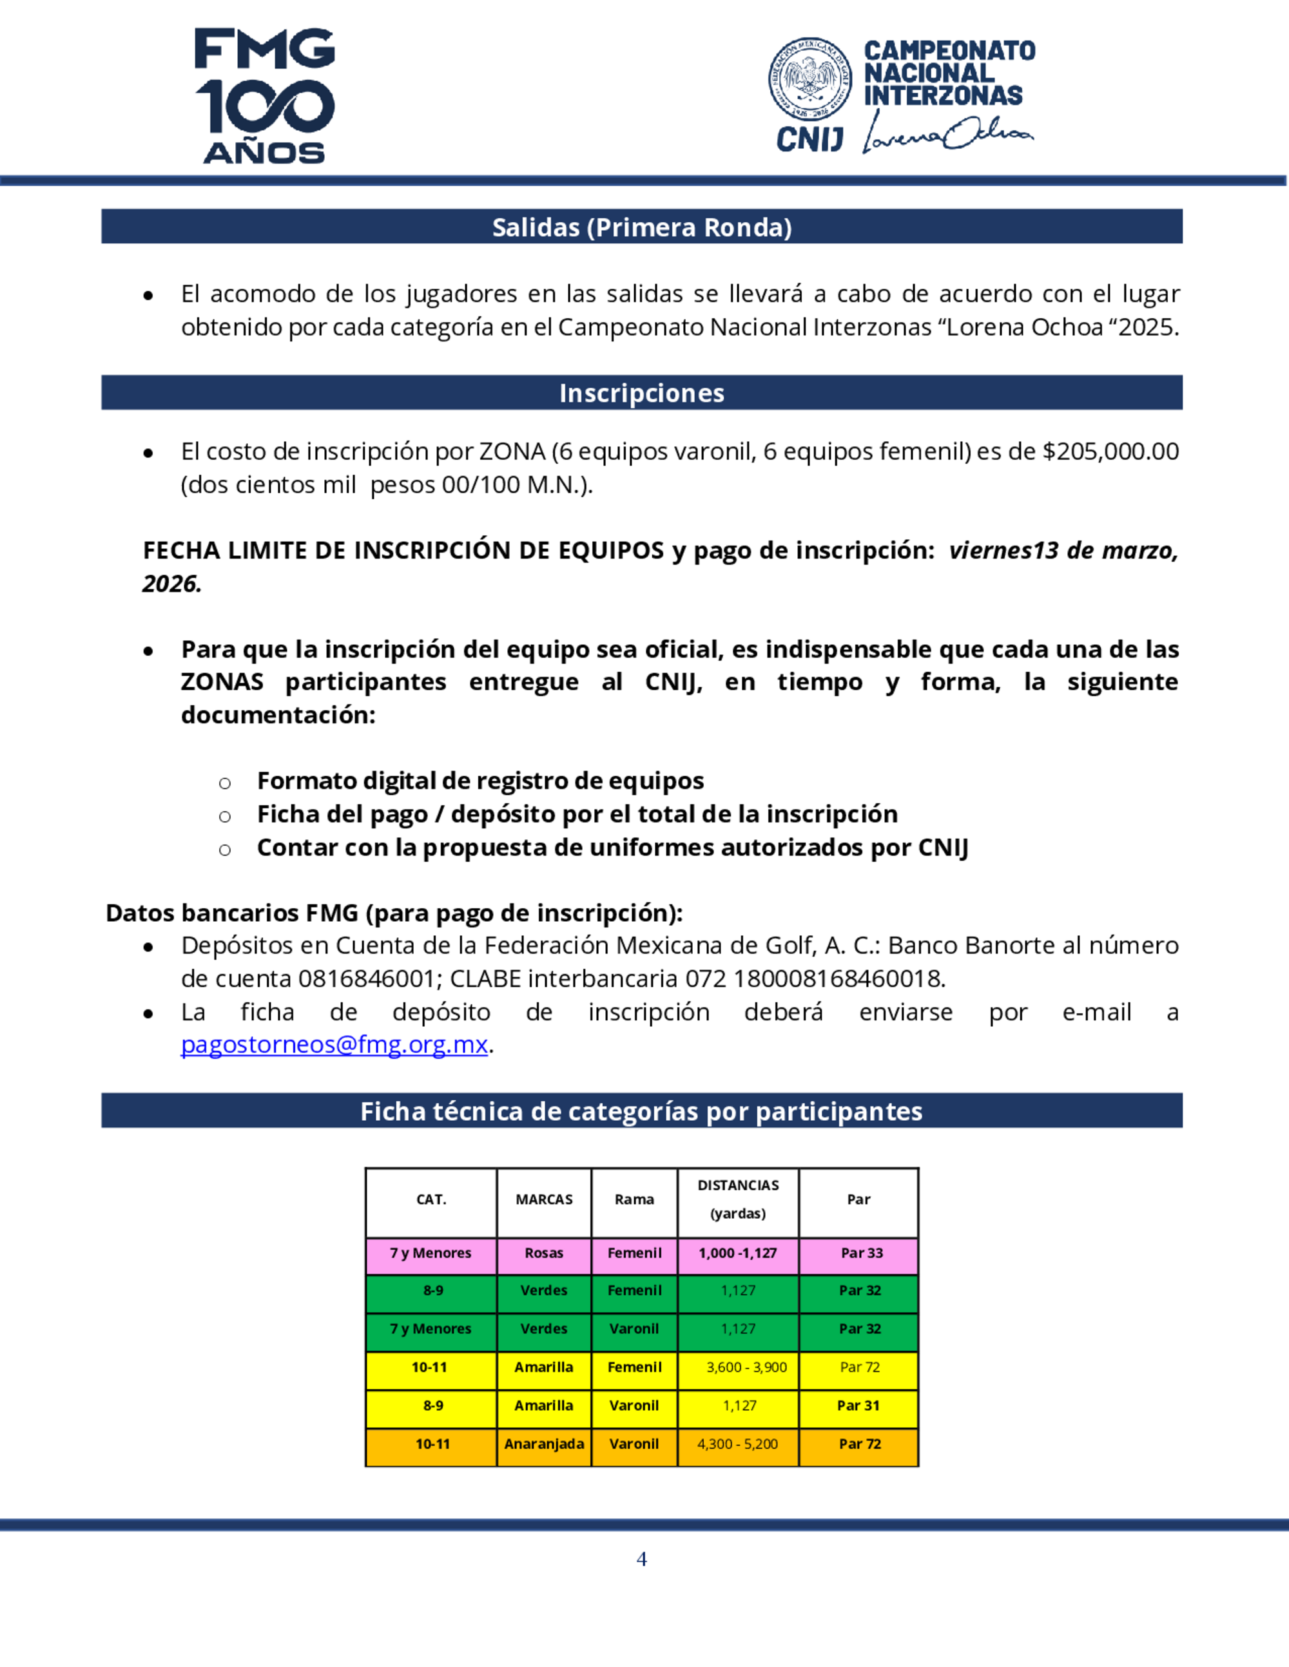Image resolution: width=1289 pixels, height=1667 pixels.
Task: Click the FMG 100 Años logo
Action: click(264, 95)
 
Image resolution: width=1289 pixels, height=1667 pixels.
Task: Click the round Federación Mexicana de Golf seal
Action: click(809, 79)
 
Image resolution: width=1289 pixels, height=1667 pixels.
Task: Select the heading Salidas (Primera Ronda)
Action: click(641, 227)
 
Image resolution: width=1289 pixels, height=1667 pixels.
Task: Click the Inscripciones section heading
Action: click(641, 393)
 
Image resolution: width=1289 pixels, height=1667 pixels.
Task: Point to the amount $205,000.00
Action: click(1110, 451)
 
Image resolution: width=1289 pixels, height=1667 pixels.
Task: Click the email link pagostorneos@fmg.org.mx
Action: click(334, 1044)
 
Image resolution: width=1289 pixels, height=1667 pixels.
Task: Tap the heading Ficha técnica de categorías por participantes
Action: click(641, 1111)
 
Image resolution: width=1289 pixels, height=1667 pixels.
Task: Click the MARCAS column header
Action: click(544, 1200)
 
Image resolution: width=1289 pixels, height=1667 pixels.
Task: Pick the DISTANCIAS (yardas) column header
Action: click(738, 1199)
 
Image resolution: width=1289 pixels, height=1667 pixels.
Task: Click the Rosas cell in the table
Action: click(544, 1253)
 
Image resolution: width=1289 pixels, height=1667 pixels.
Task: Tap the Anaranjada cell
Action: click(544, 1444)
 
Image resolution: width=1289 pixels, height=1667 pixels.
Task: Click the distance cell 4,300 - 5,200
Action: click(738, 1444)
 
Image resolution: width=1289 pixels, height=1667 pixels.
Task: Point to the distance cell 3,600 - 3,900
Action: click(746, 1367)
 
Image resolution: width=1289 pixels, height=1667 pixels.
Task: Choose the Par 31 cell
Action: click(858, 1405)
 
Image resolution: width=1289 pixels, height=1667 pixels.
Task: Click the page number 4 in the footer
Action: click(641, 1559)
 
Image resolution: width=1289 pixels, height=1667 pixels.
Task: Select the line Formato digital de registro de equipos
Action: click(480, 781)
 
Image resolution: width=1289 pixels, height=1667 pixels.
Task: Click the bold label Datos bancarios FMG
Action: click(231, 913)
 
